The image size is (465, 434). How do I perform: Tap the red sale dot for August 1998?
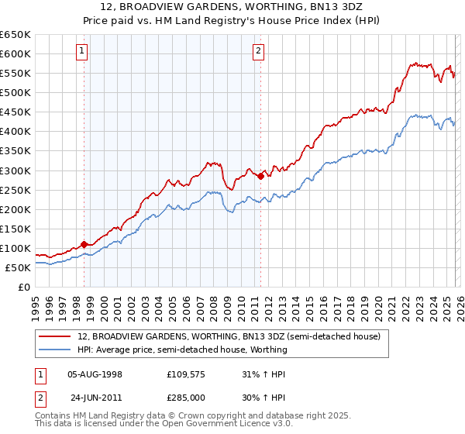tap(84, 244)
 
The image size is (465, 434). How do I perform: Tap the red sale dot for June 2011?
tap(260, 176)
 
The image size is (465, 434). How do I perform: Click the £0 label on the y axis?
tap(25, 287)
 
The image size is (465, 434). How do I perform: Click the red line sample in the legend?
tap(55, 337)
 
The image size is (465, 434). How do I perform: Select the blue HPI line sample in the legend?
tap(55, 350)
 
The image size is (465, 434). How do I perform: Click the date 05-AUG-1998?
tap(96, 374)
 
